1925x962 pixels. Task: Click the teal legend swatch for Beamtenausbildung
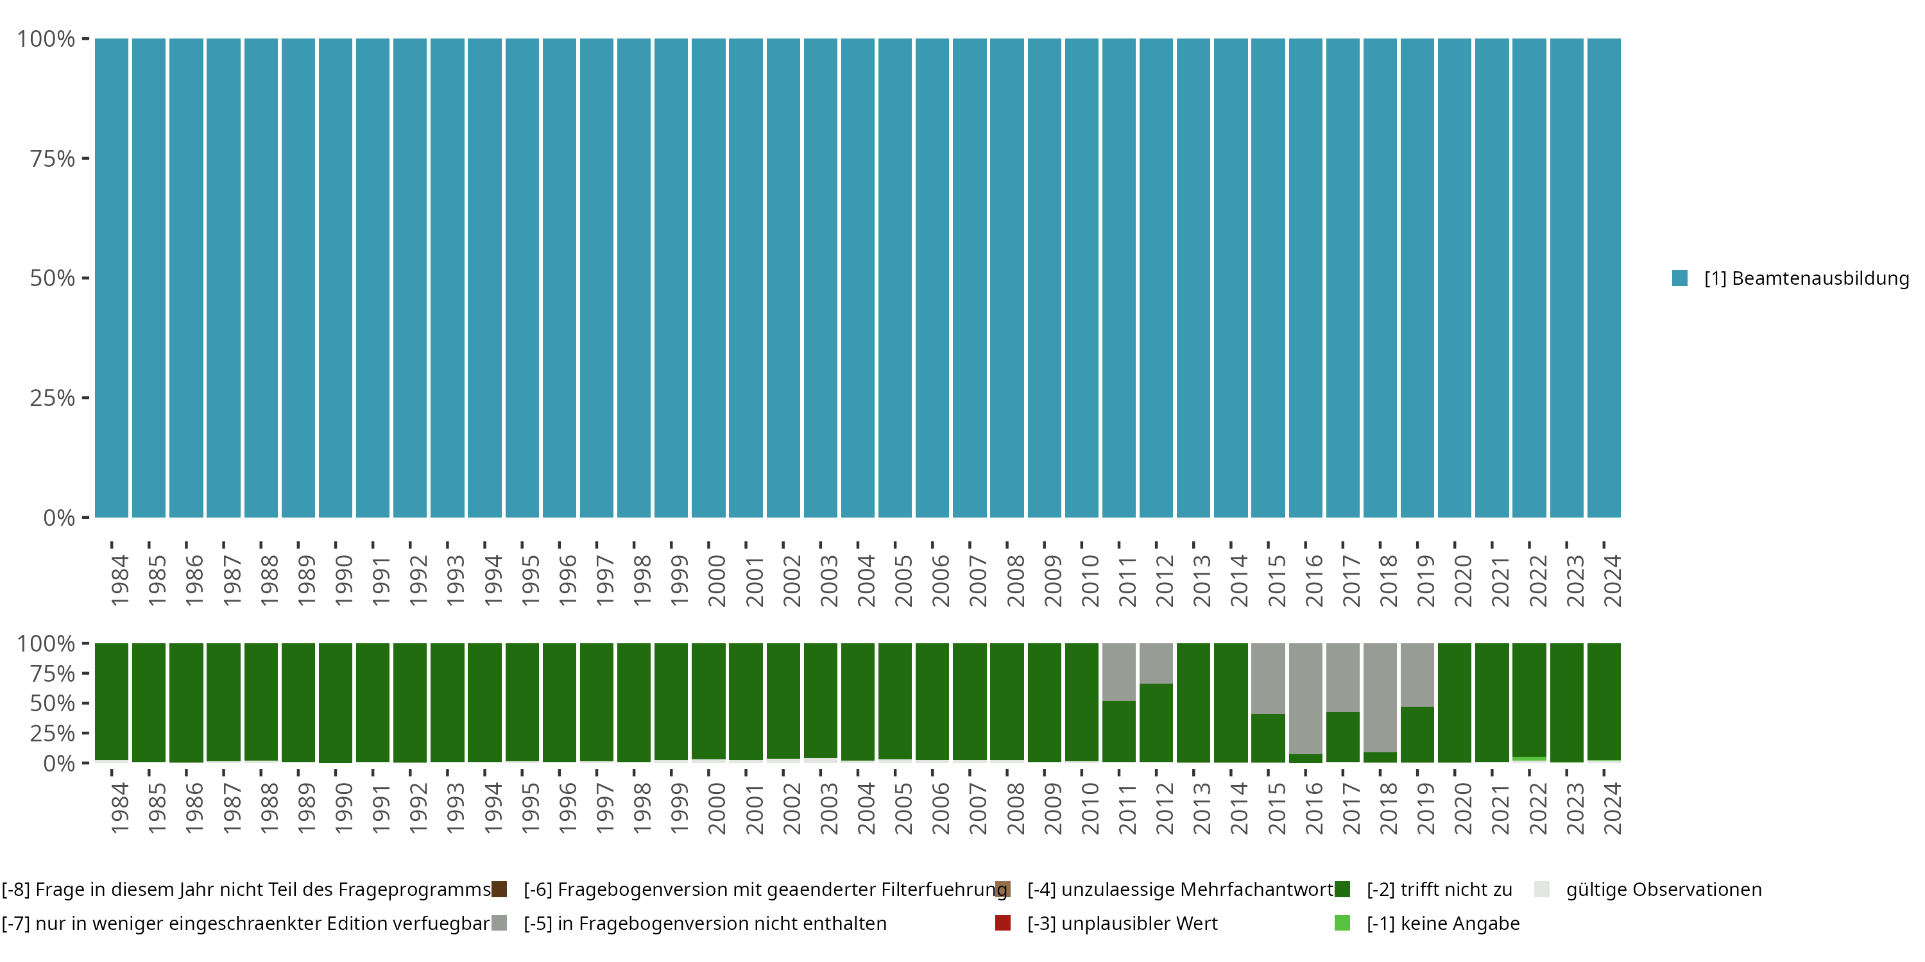1680,278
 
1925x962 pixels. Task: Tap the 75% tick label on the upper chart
53,158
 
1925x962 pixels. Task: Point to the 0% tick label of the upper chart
59,518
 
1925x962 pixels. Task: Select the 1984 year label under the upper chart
119,580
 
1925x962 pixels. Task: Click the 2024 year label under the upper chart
1613,580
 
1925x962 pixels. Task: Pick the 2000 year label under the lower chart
717,808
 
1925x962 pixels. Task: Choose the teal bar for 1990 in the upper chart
336,278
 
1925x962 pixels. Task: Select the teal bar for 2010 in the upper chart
1081,278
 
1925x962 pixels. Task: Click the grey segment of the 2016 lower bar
1306,698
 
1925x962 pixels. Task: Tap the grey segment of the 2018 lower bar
1380,697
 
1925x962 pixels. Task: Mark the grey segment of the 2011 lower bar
1118,671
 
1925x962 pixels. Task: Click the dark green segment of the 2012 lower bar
1156,722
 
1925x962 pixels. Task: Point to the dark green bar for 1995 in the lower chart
522,702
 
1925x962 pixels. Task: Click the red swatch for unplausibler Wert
1003,923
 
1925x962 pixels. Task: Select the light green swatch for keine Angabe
1342,923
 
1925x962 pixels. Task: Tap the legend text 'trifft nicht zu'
1439,890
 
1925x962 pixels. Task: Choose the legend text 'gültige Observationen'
1663,890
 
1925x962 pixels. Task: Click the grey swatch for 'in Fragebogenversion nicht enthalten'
499,923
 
